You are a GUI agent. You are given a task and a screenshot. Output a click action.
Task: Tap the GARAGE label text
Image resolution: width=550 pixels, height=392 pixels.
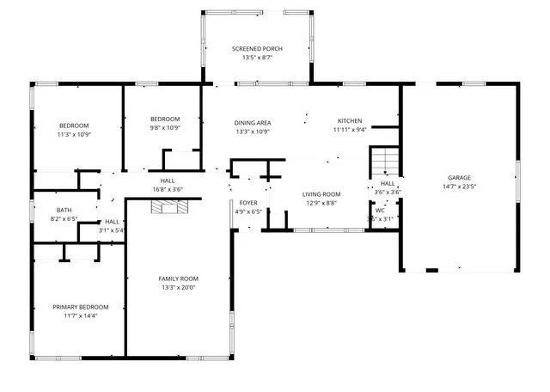[x=459, y=178]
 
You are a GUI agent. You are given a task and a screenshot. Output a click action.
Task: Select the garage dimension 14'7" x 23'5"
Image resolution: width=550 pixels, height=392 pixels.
[x=459, y=187]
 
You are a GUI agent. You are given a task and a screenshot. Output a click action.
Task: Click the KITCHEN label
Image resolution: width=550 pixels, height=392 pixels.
[x=350, y=121]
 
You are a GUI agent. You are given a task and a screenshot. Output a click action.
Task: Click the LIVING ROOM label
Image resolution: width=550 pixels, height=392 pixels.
[x=321, y=194]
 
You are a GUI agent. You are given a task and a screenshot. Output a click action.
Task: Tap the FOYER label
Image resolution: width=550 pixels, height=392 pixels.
[x=248, y=203]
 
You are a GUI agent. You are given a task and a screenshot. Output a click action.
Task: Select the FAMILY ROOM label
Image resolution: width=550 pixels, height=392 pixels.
[x=178, y=279]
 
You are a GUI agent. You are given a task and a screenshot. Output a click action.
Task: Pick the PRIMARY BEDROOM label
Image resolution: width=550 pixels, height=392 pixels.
[x=80, y=307]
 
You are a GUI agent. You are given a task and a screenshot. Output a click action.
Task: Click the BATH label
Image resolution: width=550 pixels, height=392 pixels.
[x=64, y=211]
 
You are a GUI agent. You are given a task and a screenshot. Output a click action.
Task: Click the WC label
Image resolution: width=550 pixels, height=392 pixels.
[x=380, y=211]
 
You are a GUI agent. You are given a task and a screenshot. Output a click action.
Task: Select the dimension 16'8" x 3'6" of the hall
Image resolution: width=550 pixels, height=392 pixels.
[x=167, y=189]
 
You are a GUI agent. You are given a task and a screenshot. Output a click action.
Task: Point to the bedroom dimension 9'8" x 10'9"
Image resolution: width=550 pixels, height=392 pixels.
[x=164, y=127]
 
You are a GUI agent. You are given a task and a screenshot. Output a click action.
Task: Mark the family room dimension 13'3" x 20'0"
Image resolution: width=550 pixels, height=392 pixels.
[x=178, y=288]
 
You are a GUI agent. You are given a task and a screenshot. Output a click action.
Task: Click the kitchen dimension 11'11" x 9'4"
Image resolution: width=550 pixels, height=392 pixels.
[x=350, y=130]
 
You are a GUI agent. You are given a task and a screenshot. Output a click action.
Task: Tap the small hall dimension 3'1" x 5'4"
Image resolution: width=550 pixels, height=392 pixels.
[x=112, y=230]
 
